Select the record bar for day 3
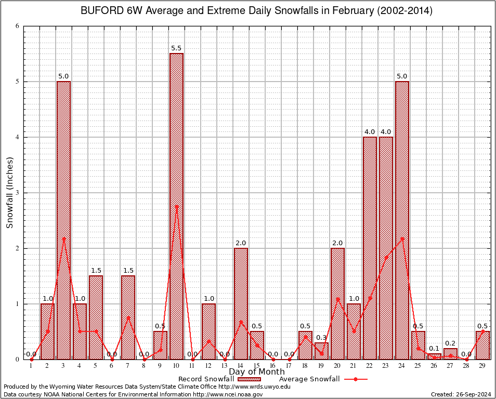tap(63, 220)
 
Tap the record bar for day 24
tap(402, 220)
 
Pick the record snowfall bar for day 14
tap(241, 303)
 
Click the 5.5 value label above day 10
tap(176, 48)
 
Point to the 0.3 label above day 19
tap(321, 338)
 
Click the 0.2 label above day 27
tap(450, 343)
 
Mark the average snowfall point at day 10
tap(176, 206)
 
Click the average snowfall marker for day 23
tap(386, 257)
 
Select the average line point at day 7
tap(128, 317)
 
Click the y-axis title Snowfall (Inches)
tap(10, 193)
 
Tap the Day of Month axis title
tap(256, 372)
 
